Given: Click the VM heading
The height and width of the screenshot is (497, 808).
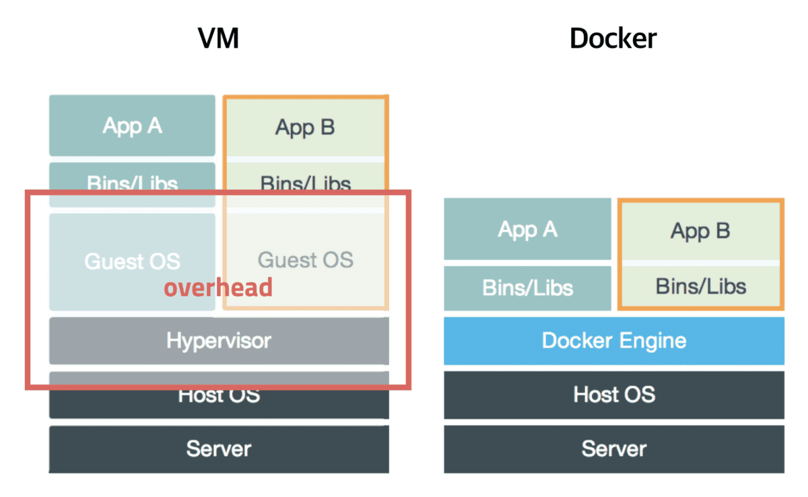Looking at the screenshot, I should (x=219, y=39).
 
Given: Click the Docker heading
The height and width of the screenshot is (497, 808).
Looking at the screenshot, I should (x=613, y=39).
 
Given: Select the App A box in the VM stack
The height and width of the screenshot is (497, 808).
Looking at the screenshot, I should (x=132, y=126).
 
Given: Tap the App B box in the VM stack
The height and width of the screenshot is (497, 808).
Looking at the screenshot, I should (x=305, y=127).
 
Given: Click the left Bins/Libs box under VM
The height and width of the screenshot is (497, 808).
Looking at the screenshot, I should (x=132, y=184).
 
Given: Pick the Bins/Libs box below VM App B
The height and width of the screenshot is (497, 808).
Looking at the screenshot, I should (x=305, y=183).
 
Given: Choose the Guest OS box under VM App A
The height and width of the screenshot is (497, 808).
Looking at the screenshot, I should (x=132, y=261).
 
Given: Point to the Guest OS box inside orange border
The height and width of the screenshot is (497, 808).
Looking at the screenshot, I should (x=305, y=260).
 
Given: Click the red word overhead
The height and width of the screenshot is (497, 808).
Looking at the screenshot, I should (x=219, y=288).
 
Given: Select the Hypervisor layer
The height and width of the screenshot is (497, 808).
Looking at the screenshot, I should (x=219, y=340).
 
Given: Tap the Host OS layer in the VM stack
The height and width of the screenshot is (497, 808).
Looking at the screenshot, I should (x=219, y=396).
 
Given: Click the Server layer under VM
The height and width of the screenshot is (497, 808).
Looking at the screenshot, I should (x=219, y=449).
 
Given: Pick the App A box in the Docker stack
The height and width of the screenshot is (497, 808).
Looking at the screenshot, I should (x=527, y=230).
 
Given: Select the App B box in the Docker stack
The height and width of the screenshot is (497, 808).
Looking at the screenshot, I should (x=700, y=231).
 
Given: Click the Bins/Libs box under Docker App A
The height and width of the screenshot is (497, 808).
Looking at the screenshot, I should (x=527, y=288).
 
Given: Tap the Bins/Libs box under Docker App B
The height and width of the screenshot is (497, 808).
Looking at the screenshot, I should (x=700, y=286).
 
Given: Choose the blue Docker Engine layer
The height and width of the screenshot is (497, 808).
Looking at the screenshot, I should (x=613, y=341).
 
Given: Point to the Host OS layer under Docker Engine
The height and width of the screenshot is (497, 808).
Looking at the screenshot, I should (x=613, y=394).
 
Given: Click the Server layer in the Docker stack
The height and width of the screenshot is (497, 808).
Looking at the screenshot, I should (x=613, y=449).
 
